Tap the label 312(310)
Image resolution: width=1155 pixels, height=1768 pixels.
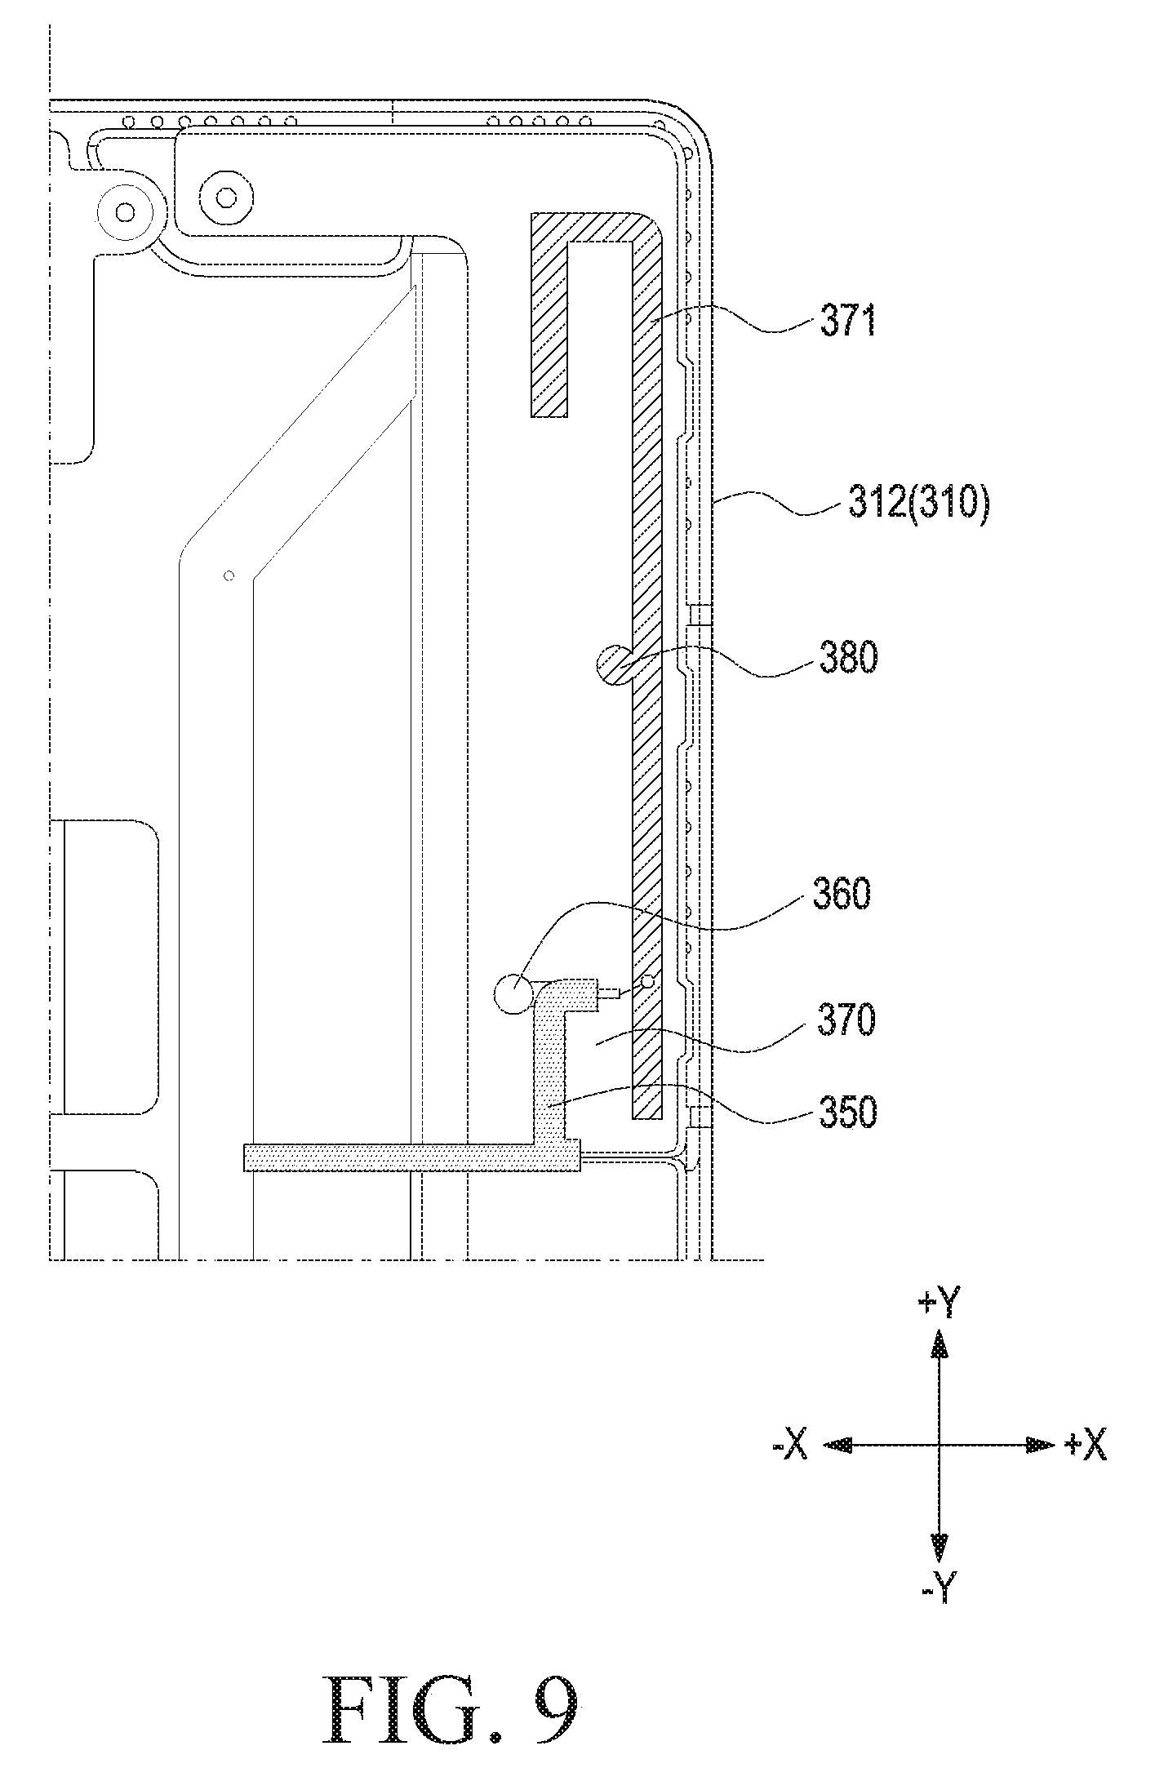pos(918,504)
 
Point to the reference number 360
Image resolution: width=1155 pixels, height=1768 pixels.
pos(842,895)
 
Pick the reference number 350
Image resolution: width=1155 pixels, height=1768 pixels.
pos(847,1112)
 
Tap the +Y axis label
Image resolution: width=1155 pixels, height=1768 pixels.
pos(939,1304)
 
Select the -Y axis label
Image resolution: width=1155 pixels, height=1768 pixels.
pos(940,1588)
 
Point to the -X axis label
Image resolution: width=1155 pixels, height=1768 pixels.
pos(789,1446)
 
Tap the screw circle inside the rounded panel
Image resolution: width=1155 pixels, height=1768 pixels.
pos(224,198)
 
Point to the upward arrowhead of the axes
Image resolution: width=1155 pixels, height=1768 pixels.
pos(940,1344)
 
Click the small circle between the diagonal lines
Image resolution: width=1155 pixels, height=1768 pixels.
pos(229,575)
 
